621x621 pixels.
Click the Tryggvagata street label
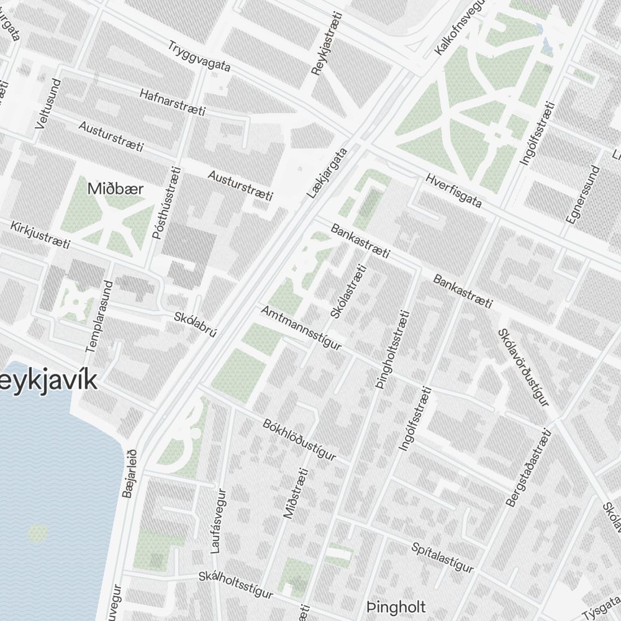[199, 57]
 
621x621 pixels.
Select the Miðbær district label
[116, 189]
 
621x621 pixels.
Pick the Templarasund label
[99, 317]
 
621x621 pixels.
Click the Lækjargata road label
[327, 173]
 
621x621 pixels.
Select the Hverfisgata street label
[454, 191]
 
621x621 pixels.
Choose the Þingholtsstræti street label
[393, 349]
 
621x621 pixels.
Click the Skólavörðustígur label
[524, 367]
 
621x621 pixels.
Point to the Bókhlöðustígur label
[299, 440]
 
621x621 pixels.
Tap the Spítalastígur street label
[442, 558]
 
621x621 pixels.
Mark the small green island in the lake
[37, 532]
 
